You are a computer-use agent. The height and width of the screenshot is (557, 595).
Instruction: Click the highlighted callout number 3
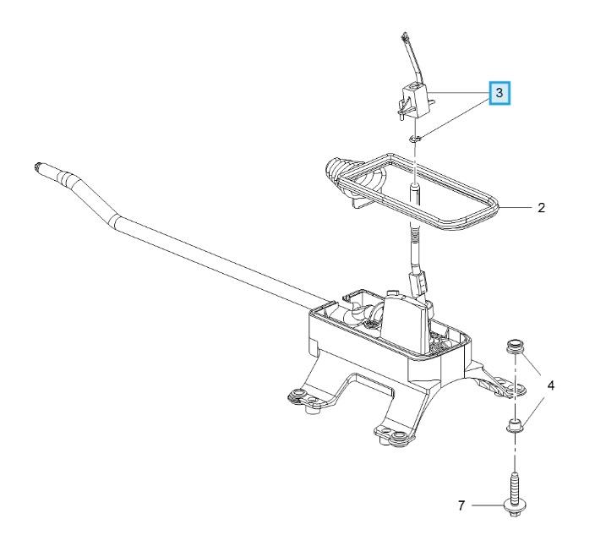coord(499,93)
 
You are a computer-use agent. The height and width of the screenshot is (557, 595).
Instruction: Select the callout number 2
coord(542,208)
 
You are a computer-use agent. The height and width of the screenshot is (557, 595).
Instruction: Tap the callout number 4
coord(551,386)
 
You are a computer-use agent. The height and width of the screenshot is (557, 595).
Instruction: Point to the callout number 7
coord(461,505)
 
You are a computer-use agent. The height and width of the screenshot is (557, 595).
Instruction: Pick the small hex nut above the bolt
coord(515,425)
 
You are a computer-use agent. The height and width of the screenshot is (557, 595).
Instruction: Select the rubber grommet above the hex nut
coord(515,347)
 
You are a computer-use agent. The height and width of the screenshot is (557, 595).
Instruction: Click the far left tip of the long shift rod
coord(35,167)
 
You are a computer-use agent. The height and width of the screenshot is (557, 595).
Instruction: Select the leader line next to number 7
coord(488,505)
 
